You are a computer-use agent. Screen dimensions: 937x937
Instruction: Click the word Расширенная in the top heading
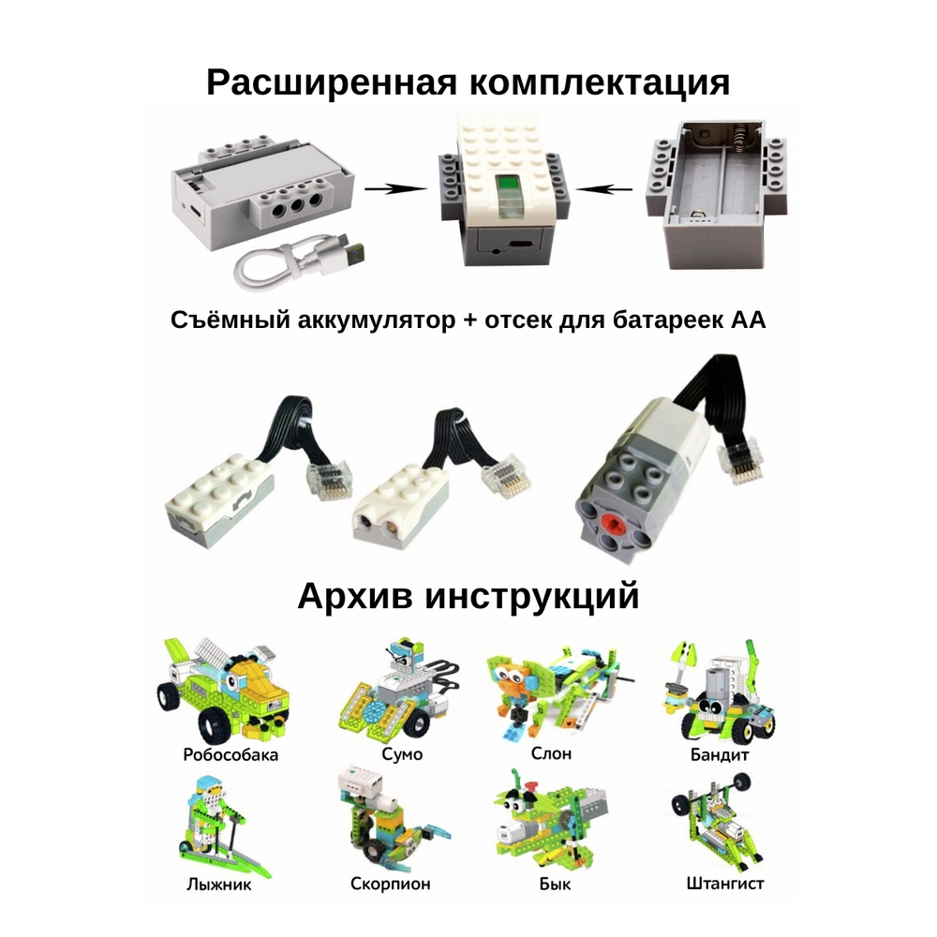click(x=331, y=82)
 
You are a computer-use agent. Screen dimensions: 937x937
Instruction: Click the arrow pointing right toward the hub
click(x=395, y=189)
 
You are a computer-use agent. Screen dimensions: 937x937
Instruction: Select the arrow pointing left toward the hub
click(x=604, y=189)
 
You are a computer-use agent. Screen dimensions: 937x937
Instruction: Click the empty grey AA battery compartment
click(x=717, y=192)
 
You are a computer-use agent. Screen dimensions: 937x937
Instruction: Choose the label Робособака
click(x=231, y=754)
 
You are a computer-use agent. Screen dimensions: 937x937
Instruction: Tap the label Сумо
click(x=402, y=754)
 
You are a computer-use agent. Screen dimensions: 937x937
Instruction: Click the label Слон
click(x=551, y=753)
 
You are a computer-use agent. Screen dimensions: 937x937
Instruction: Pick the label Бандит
click(x=720, y=754)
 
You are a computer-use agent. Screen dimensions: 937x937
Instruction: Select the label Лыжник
click(x=218, y=884)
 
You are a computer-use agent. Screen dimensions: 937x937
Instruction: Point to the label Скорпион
click(x=390, y=884)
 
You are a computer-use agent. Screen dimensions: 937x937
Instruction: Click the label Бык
click(x=555, y=884)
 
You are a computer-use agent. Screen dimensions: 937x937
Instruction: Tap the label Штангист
click(x=725, y=884)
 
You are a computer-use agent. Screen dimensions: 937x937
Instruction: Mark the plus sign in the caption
click(x=470, y=320)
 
